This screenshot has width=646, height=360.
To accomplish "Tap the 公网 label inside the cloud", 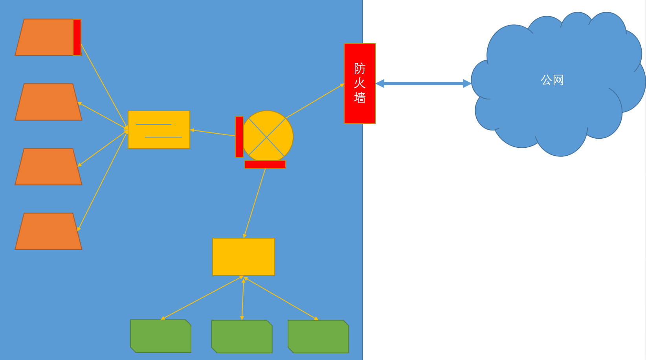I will tap(552, 80).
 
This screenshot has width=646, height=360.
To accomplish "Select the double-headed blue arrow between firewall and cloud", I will tap(423, 83).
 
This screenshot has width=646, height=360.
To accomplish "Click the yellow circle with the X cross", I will tap(267, 136).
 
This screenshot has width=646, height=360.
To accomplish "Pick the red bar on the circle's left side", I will tap(239, 137).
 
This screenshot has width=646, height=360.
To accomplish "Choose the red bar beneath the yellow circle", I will tap(265, 164).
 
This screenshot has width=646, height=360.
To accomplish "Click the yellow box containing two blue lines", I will tap(159, 130).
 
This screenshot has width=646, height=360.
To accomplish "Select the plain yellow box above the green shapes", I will tap(243, 257).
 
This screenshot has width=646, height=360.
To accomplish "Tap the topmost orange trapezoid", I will tap(45, 37).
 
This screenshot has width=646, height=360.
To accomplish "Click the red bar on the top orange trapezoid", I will tap(77, 37).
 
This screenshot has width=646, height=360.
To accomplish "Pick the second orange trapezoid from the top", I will tap(48, 102).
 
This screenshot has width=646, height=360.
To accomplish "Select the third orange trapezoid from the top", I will tap(48, 167).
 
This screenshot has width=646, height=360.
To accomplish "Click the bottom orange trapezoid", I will tap(48, 231).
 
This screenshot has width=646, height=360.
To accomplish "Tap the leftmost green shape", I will tap(161, 336).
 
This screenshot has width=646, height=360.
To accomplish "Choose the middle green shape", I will tap(242, 336).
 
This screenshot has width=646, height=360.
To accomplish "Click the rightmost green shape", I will tap(318, 336).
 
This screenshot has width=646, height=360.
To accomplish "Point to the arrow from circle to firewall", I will tap(314, 101).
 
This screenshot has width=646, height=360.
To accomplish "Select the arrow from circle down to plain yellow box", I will tap(255, 203).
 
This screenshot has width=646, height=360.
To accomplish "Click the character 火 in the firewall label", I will tap(360, 83).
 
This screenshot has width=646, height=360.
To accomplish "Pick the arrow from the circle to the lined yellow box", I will tap(212, 133).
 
